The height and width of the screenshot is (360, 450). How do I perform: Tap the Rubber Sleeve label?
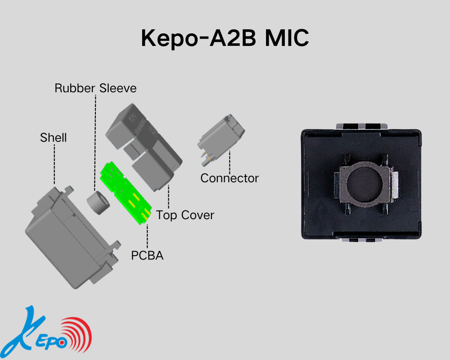pos(95,88)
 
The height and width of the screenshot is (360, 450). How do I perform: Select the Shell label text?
pos(53,137)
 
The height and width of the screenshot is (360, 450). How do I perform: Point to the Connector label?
pos(229,178)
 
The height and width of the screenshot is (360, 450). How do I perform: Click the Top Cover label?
pos(185,215)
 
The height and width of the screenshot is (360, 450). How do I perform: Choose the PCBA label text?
pos(147,256)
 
